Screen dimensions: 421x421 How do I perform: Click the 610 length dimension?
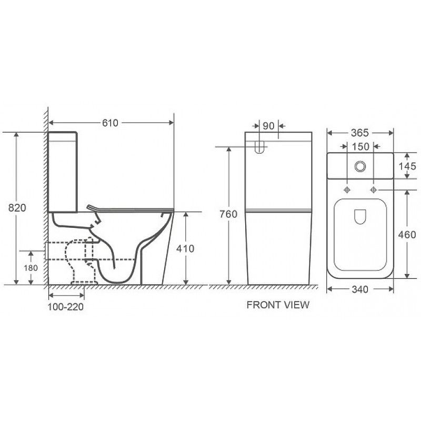pos(110,123)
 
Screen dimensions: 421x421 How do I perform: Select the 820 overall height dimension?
pos(17,208)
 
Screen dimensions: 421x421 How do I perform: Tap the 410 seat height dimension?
pos(185,248)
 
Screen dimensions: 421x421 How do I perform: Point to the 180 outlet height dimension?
pos(31,268)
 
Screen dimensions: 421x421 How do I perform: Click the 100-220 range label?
pos(66,307)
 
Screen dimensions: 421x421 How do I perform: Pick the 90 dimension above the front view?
pos(268,126)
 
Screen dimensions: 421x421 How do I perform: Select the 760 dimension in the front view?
pos(228,214)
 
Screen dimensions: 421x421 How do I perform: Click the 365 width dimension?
pos(360,133)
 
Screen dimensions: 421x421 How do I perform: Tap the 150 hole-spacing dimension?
pos(360,147)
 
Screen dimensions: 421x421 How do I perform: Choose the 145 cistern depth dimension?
pos(407,166)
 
